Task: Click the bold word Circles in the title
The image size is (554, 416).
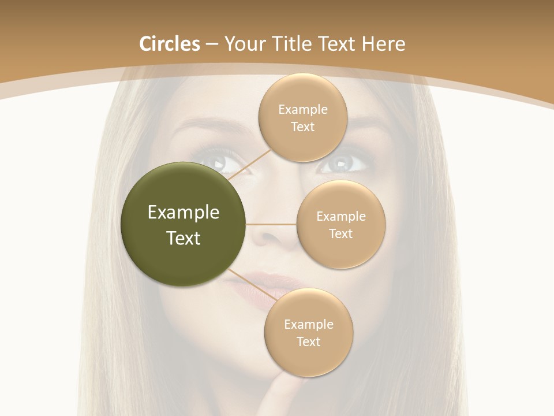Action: (x=169, y=44)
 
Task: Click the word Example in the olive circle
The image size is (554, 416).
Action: (x=184, y=213)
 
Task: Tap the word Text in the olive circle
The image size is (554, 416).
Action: (x=184, y=238)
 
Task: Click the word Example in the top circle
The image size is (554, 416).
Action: (x=302, y=110)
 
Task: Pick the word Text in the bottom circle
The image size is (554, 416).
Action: (x=308, y=341)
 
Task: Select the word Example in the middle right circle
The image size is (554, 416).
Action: (x=340, y=217)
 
